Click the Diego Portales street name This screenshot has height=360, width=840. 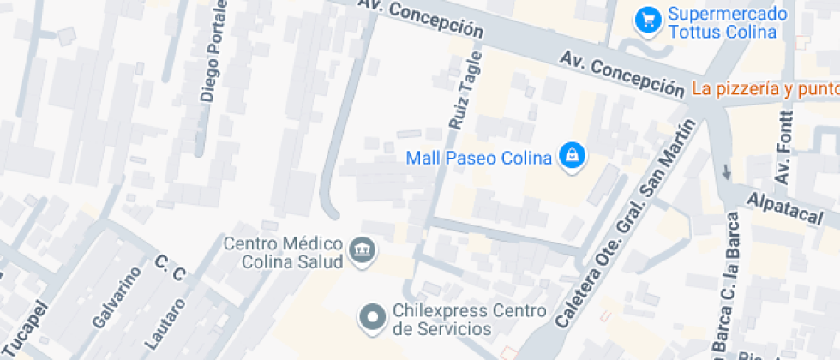pos(214,51)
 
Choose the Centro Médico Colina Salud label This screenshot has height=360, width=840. pos(283,252)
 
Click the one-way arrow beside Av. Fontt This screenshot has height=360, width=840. pos(727,171)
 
